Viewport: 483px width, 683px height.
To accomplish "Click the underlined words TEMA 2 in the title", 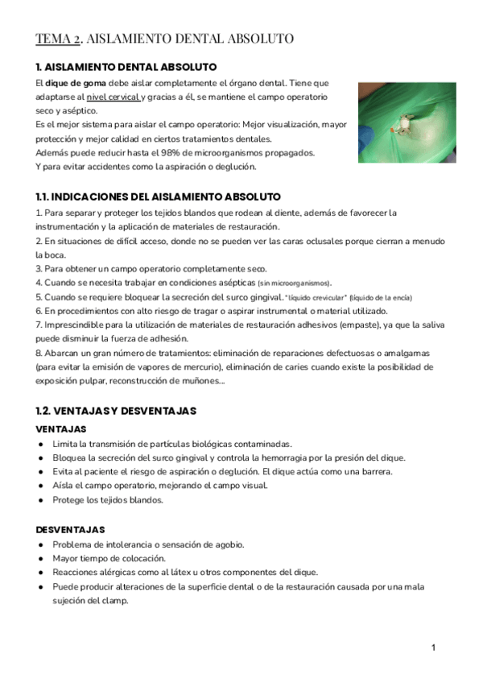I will point(58,39).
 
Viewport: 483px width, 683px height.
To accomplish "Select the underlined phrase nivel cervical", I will point(112,97).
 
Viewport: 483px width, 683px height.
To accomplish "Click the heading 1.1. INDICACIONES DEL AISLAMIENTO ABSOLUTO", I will point(159,196).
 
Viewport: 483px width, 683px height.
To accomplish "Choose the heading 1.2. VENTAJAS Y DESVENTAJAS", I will point(117,411).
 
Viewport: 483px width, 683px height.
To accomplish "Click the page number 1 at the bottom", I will point(433,648).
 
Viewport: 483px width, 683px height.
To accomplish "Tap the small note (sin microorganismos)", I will point(294,283).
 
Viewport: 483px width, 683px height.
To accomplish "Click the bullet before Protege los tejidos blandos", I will point(41,499).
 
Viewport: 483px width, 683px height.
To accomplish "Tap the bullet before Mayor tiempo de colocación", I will point(41,558).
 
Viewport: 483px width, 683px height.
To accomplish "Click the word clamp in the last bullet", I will point(114,600).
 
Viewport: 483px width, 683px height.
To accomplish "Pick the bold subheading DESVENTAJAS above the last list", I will point(71,529).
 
